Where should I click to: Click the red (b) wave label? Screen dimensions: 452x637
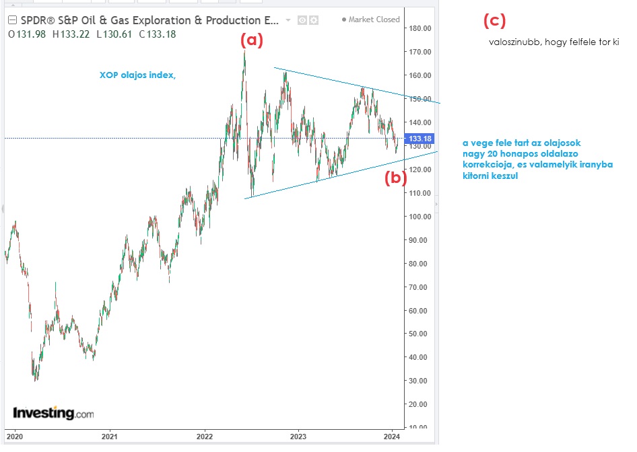(395, 178)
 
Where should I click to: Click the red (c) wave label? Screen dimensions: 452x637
(494, 21)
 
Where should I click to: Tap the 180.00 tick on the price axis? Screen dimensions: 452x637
(420, 28)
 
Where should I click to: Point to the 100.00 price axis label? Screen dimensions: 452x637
(420, 217)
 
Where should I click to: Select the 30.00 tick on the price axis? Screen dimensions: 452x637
(420, 381)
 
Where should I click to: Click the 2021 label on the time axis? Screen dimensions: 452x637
(110, 436)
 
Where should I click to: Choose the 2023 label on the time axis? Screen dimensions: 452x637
(298, 436)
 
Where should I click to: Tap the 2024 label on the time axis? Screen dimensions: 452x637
(392, 436)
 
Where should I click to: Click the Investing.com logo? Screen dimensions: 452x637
(53, 413)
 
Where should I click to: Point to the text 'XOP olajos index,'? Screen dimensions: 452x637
(137, 75)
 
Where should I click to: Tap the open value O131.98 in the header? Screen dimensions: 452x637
(26, 34)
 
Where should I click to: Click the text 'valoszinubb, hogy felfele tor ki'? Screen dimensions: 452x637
(554, 42)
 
